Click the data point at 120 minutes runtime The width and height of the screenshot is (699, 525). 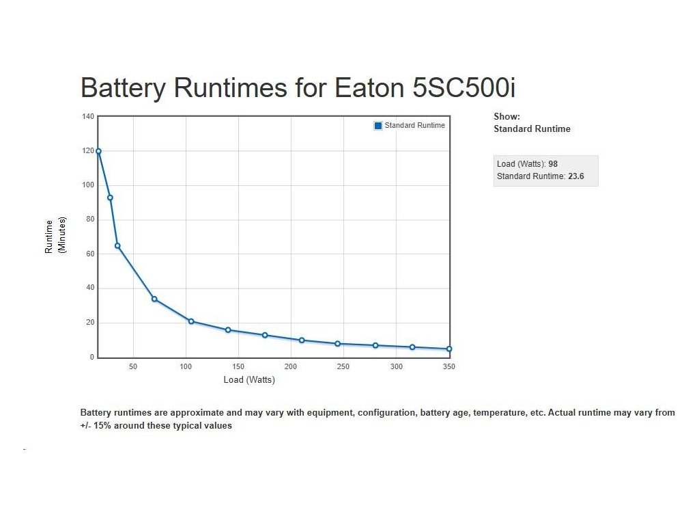(98, 151)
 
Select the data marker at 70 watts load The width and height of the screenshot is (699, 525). (154, 299)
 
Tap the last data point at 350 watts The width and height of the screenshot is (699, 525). (449, 349)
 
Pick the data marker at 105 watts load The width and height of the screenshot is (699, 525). (191, 321)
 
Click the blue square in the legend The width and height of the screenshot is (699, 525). (378, 126)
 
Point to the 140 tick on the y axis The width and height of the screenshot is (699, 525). (88, 117)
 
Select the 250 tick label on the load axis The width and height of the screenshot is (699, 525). (343, 367)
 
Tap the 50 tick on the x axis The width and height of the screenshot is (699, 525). (133, 367)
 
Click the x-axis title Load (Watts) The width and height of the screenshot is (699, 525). (249, 380)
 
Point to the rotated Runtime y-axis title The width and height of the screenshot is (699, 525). (49, 237)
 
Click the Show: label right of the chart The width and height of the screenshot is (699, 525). (507, 117)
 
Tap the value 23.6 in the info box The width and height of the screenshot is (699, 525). (575, 176)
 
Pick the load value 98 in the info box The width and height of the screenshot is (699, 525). (553, 164)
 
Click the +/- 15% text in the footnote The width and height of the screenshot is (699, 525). (96, 425)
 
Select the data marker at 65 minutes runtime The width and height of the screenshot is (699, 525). (117, 245)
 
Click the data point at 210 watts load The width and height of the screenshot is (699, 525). (302, 340)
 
